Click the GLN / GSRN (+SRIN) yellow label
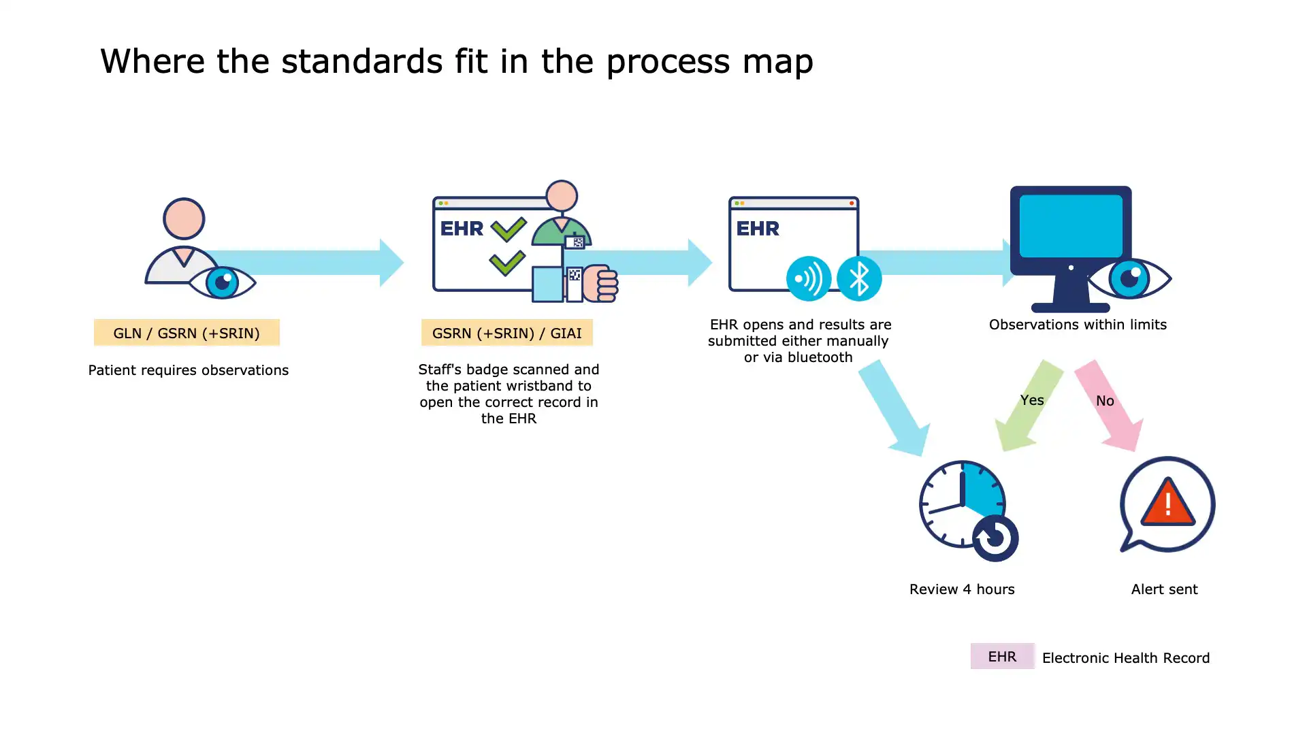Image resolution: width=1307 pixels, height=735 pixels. pos(187,333)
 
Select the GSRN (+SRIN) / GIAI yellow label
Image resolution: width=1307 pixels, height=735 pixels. pos(506,333)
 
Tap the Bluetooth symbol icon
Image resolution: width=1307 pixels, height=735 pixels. pos(859,278)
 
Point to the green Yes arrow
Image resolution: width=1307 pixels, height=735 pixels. pos(1028,406)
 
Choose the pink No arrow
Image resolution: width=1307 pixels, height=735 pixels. pos(1108,406)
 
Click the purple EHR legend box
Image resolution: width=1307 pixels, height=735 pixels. pos(1002,656)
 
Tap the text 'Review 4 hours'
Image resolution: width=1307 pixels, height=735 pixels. pos(962,589)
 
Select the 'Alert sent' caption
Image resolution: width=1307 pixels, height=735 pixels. pos(1164,589)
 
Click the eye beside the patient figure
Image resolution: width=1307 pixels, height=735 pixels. pos(222,282)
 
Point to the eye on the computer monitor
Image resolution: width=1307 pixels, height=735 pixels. pos(1129,278)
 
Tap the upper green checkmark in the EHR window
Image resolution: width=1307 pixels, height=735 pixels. pos(508,229)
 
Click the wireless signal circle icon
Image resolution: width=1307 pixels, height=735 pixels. pos(808,278)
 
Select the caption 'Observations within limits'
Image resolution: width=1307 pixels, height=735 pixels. pos(1078,325)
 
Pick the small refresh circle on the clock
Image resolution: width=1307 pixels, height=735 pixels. pos(995,538)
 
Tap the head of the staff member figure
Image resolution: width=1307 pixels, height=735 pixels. pos(562,196)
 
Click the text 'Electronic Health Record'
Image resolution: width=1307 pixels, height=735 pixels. pos(1126,658)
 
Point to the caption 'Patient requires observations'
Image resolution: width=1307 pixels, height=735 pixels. pos(189,370)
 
